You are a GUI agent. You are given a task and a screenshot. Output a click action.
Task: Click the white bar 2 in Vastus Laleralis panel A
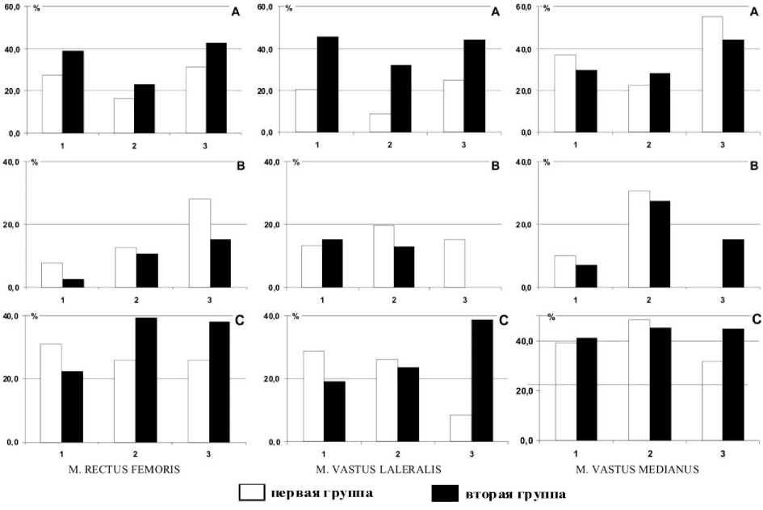(x=379, y=123)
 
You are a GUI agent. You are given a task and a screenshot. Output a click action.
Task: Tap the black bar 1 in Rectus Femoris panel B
(x=73, y=283)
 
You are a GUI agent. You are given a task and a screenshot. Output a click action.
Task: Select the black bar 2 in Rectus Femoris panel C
(x=146, y=380)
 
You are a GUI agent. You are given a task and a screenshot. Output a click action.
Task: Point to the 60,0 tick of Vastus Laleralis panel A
(x=265, y=7)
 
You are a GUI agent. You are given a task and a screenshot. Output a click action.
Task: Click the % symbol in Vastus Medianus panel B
(x=547, y=162)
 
